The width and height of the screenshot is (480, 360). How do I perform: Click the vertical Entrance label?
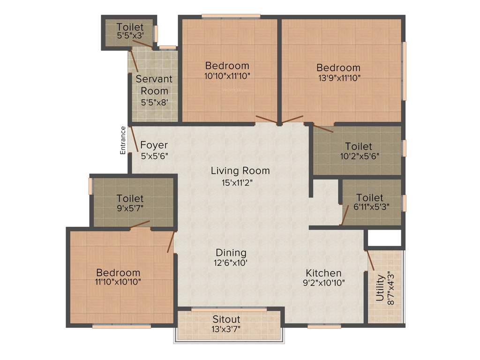coord(123,140)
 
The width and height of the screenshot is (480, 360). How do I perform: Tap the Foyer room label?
coord(154,145)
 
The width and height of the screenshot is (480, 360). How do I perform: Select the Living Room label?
coord(240,171)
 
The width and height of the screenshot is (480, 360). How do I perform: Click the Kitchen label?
coord(323,273)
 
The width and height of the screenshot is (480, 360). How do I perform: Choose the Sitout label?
coord(226,319)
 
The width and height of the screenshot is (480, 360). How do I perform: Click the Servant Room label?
coord(154,85)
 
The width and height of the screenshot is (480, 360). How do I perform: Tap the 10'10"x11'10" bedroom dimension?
coord(227,76)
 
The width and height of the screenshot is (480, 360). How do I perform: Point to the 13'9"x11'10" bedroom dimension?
coord(338,78)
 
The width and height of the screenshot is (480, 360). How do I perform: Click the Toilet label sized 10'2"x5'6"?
coord(358,147)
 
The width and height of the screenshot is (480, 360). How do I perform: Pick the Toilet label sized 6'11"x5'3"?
coord(369,198)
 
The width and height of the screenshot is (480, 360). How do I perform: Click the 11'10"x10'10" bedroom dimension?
coord(118,282)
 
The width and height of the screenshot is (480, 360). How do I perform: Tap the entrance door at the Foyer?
coord(134,140)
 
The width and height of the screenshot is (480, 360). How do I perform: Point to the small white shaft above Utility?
coord(384,238)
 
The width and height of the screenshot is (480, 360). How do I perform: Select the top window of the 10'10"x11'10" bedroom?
coord(231,17)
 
